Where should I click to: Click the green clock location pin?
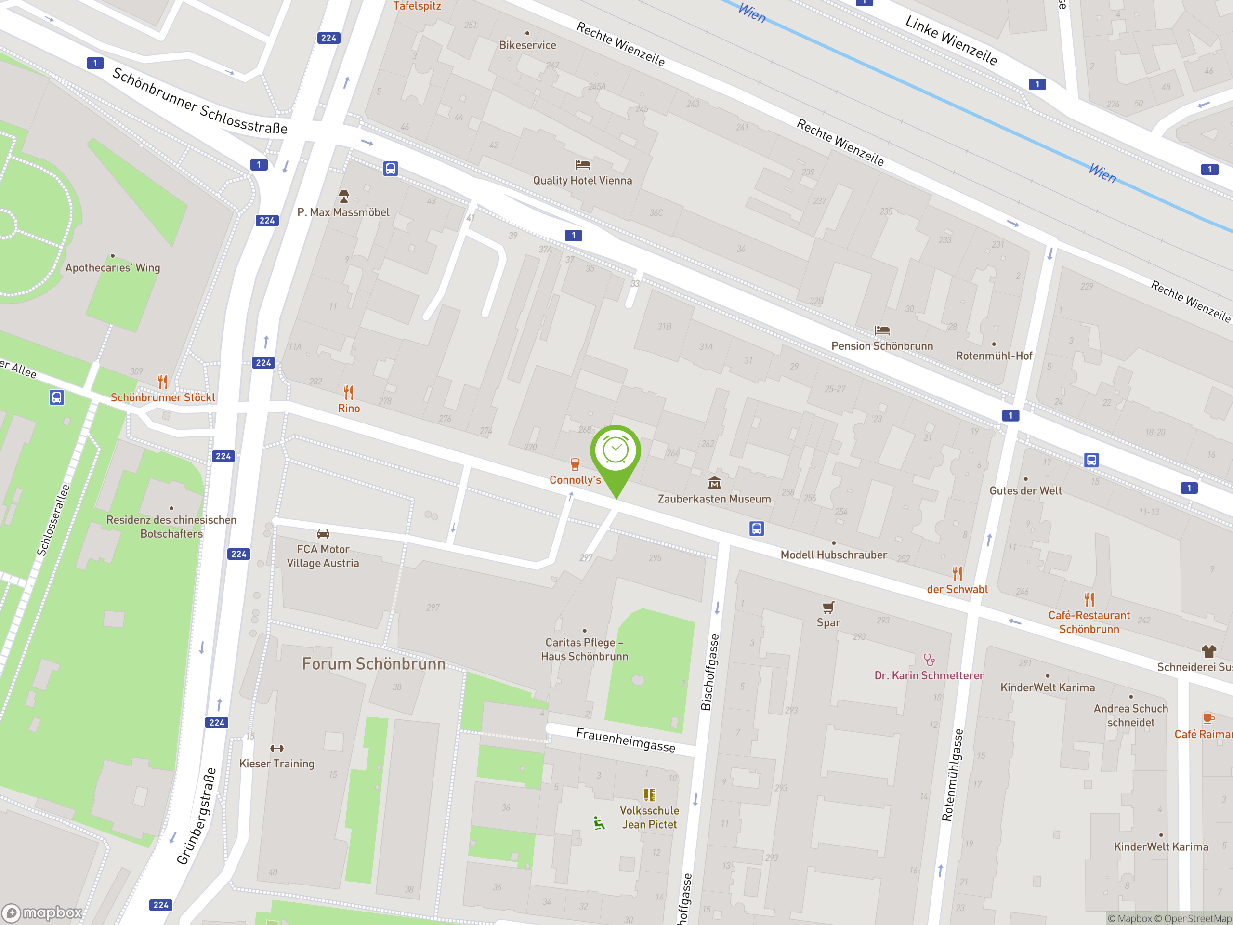pos(616,451)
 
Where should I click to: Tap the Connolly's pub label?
pos(575,479)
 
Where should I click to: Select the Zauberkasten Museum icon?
pos(714,483)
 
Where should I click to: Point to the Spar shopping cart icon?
pos(828,607)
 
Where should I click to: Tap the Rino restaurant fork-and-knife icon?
pos(348,393)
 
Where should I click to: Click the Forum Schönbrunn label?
pos(373,663)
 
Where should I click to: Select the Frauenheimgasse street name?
pos(626,740)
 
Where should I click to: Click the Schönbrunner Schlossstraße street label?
pos(199,100)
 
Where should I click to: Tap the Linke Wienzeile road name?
pos(951,40)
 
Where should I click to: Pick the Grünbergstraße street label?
pos(196,816)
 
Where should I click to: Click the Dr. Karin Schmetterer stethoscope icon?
pos(929,660)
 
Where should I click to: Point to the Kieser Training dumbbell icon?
pos(276,748)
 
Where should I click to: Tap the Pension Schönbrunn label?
pos(882,346)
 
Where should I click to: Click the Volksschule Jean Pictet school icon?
pos(649,794)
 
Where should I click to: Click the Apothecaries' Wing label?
pos(113,268)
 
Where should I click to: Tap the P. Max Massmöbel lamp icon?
pos(343,196)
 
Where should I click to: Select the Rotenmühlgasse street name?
pos(952,775)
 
